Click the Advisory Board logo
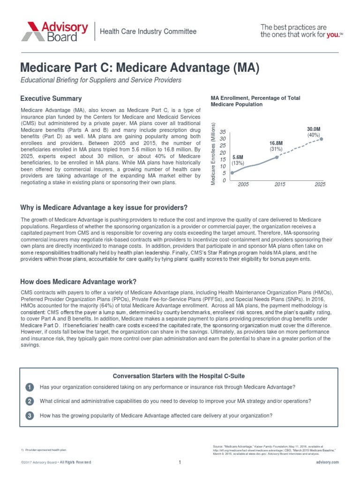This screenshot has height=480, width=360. (x=54, y=31)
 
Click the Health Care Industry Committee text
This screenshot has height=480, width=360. (x=147, y=31)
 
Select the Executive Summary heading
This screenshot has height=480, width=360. (x=51, y=98)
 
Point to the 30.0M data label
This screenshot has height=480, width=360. (x=313, y=129)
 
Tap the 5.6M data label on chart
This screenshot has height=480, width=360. (x=238, y=157)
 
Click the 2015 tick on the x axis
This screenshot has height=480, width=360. (x=280, y=185)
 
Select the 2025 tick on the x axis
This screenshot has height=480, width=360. (x=320, y=185)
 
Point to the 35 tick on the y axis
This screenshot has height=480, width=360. (x=223, y=132)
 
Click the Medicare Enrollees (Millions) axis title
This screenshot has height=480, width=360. (x=213, y=154)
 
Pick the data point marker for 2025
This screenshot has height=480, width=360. (x=322, y=138)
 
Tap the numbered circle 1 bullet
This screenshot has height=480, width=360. (x=30, y=387)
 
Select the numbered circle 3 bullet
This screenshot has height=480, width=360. (x=30, y=416)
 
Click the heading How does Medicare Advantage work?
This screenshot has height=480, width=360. (x=78, y=281)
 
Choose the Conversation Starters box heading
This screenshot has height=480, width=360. (x=179, y=376)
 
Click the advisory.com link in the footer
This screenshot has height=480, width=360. (x=327, y=462)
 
